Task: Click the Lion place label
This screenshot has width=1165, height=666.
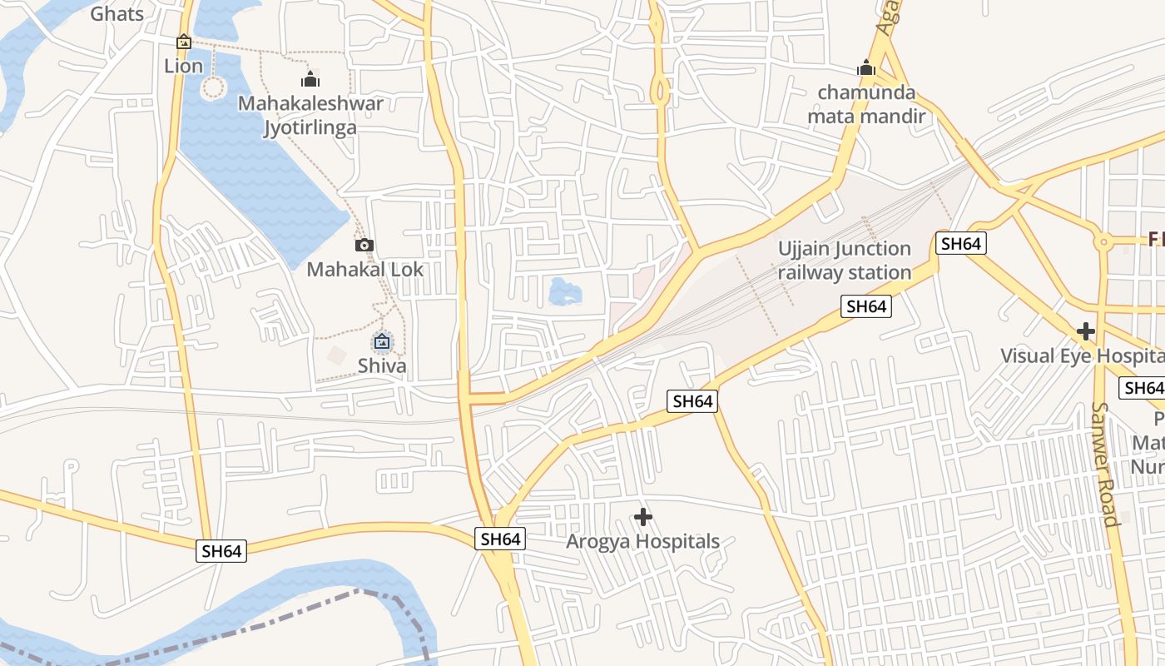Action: point(183,66)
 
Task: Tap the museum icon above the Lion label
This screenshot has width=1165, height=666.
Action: point(184,42)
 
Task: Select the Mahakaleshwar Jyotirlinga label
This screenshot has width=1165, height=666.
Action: point(310,115)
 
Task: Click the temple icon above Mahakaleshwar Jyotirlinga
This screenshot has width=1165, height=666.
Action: point(310,80)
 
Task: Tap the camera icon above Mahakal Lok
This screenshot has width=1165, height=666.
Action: point(364,245)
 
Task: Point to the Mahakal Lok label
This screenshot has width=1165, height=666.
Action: point(364,270)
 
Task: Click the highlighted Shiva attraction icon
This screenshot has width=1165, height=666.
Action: point(382,341)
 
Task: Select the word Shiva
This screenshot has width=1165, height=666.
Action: point(382,365)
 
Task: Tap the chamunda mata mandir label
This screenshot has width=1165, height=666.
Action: point(866,104)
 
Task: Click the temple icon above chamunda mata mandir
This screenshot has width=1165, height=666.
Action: point(866,67)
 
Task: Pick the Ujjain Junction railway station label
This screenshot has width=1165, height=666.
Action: point(845,261)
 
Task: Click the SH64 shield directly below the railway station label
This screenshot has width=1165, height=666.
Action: point(866,306)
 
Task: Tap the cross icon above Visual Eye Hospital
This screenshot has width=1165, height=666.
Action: point(1085,331)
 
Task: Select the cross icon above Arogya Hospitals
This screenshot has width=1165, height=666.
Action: point(642,517)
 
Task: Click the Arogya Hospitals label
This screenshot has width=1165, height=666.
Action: point(642,541)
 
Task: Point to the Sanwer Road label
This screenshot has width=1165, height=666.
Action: point(1103,465)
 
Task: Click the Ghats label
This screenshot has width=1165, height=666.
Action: point(116,13)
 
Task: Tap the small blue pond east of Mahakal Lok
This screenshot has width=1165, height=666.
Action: point(565,292)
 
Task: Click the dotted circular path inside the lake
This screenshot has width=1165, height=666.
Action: point(214,87)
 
